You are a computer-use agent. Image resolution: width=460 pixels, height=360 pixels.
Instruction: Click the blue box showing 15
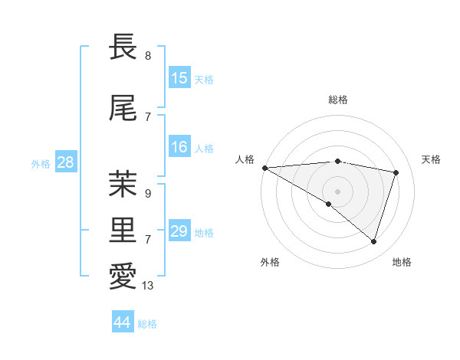click(179, 78)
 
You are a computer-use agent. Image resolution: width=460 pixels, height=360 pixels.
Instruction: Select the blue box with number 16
click(179, 147)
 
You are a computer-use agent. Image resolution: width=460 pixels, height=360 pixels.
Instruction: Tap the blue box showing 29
click(179, 231)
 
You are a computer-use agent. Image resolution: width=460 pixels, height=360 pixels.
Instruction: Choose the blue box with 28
click(65, 162)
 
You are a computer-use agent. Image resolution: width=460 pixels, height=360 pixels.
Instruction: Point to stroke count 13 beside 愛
click(148, 286)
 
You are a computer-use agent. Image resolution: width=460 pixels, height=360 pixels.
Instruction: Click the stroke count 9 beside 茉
click(147, 194)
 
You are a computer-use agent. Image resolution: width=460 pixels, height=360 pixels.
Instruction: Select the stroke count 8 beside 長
click(147, 56)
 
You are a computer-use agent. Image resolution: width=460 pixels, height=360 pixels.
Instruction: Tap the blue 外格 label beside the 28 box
click(41, 163)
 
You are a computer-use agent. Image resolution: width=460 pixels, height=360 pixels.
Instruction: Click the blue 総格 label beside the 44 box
click(147, 324)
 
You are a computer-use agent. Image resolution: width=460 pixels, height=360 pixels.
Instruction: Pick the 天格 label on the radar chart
click(432, 159)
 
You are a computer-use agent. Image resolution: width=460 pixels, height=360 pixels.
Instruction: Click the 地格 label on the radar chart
click(402, 262)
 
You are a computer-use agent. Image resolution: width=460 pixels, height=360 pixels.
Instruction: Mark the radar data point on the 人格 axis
click(264, 168)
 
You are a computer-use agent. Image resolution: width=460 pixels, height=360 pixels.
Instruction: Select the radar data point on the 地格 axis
click(373, 241)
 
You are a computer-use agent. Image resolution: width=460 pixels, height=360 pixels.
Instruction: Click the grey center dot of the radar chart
click(337, 190)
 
